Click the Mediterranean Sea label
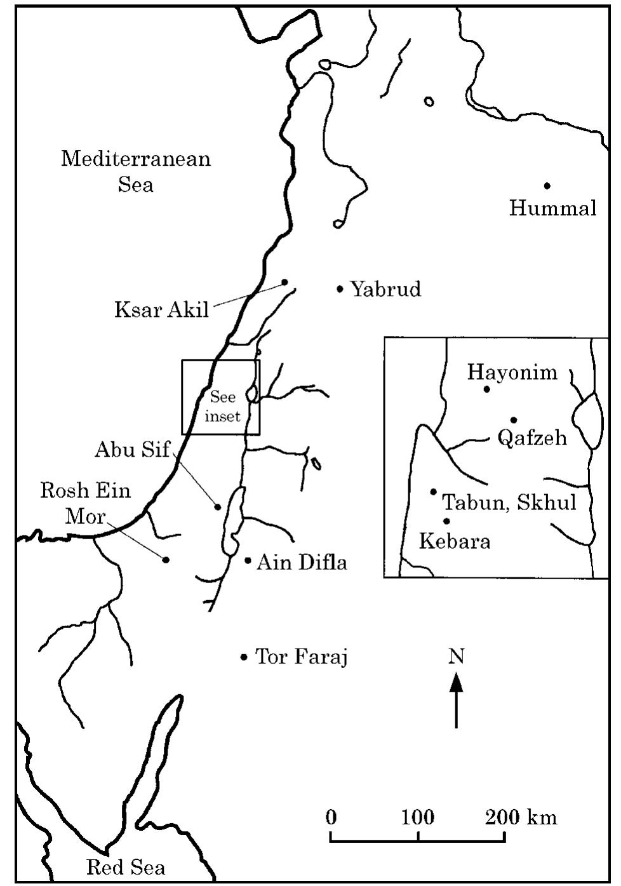tap(135, 171)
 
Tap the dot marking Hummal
tap(547, 185)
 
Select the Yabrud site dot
tap(340, 290)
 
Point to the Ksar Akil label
tap(161, 310)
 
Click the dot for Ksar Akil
tap(285, 282)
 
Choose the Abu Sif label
tap(132, 450)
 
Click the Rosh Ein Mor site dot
tap(166, 560)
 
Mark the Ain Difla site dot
tap(248, 560)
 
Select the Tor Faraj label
tap(301, 657)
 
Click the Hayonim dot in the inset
tap(487, 389)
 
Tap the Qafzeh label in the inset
tap(532, 438)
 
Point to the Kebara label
tap(455, 542)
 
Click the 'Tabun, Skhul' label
tap(509, 502)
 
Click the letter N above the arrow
tap(456, 656)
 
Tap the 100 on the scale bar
tap(417, 817)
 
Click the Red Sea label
tap(125, 867)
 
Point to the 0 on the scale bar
tap(331, 817)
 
